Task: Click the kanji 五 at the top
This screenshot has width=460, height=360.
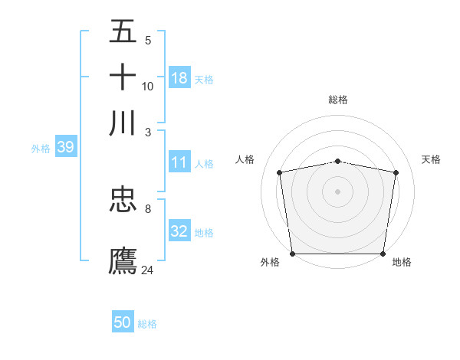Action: pos(123,31)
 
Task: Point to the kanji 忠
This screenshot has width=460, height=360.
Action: pos(123,200)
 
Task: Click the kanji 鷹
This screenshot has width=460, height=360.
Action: pos(123,260)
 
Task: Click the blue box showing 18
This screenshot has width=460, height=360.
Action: pos(179,78)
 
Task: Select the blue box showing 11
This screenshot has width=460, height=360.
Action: pos(179,162)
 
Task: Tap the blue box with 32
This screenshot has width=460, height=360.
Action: pos(179,231)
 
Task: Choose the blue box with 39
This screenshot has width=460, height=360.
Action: pos(65,148)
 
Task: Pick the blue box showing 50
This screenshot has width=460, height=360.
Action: pos(123,322)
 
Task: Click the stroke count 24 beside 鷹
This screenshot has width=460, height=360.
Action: pos(148,270)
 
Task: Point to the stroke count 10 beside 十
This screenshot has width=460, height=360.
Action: pos(148,87)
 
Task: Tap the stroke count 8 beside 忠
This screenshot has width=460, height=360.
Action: pos(148,208)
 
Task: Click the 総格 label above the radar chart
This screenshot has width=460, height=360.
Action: pos(338,100)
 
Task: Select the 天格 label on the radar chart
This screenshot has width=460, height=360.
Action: pos(432,159)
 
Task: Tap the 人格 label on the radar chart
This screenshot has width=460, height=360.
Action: pos(245,159)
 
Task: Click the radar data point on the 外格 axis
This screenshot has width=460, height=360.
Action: pos(292,254)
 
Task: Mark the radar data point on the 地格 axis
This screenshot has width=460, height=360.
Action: pos(383,254)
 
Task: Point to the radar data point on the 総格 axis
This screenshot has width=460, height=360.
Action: pos(338,161)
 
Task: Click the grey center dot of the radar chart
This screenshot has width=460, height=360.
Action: pos(338,191)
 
